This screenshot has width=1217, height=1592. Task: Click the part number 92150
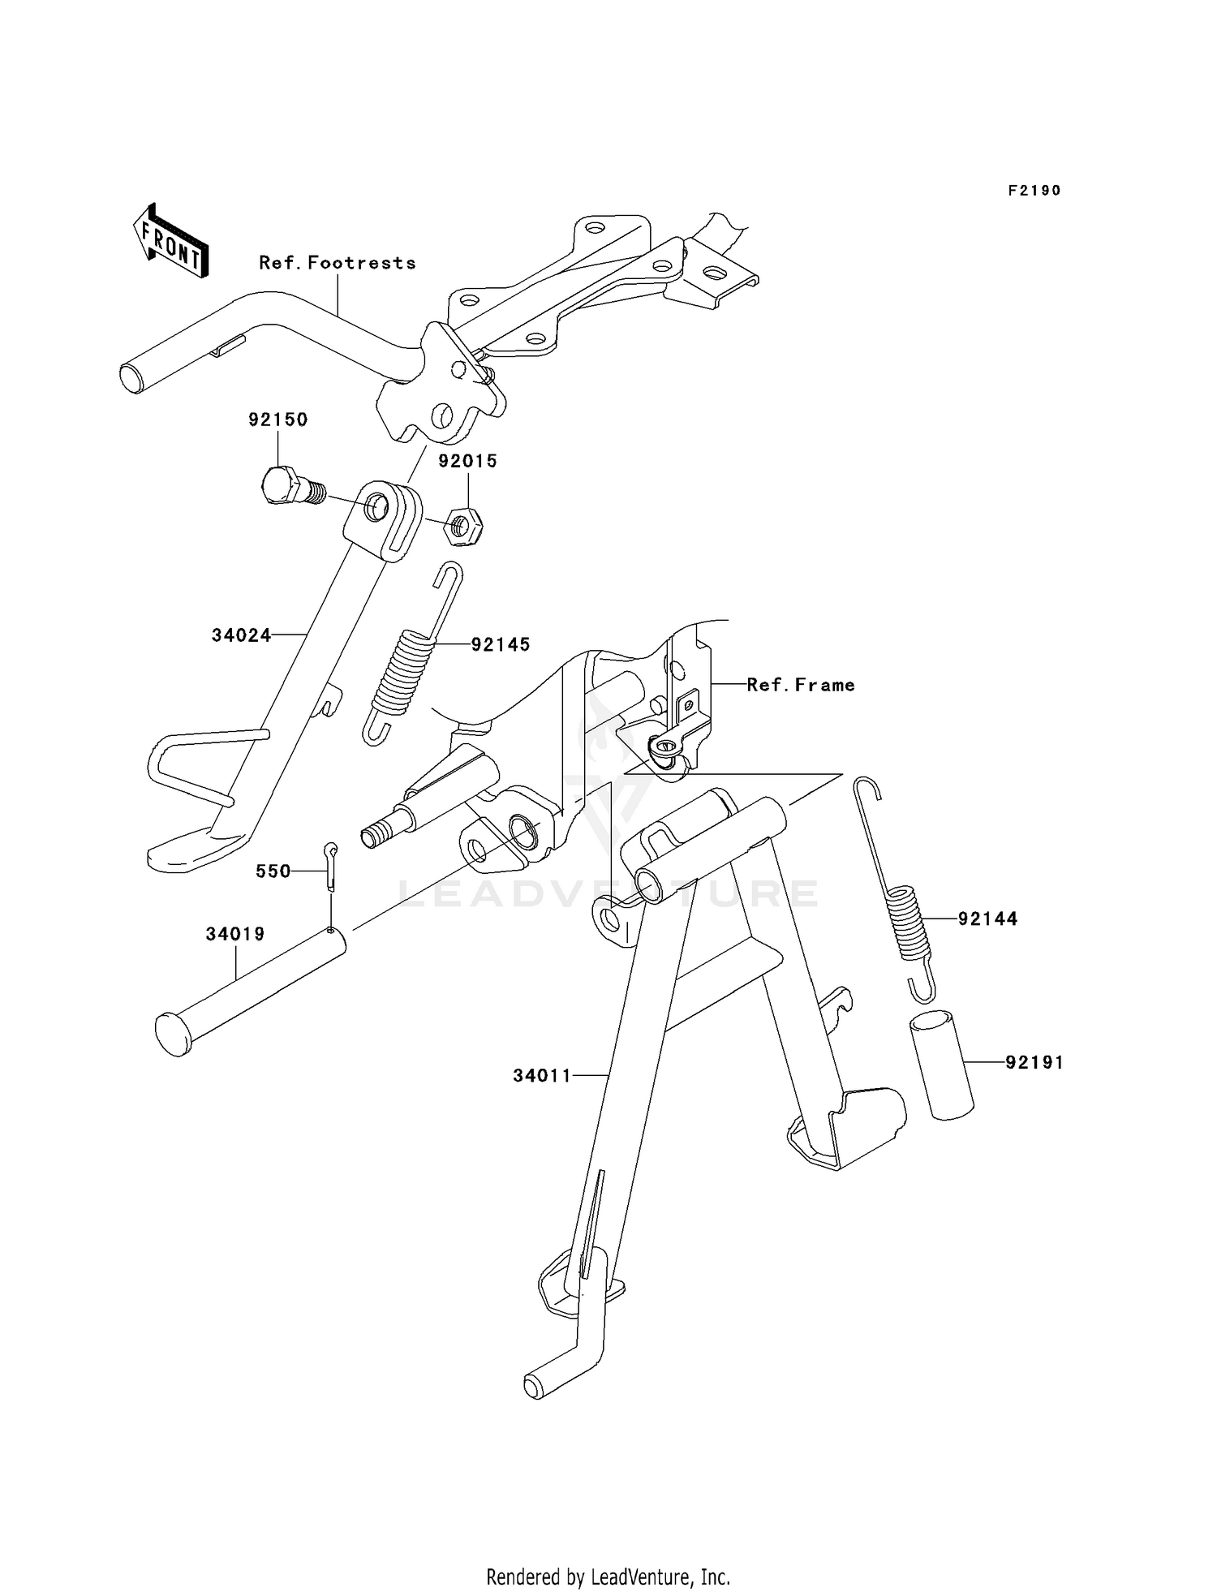pyautogui.click(x=278, y=420)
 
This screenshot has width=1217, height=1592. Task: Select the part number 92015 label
pyautogui.click(x=468, y=461)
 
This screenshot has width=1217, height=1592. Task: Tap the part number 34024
pyautogui.click(x=241, y=635)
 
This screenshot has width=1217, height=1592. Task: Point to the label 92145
pyautogui.click(x=501, y=644)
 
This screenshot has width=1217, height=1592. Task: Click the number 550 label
pyautogui.click(x=273, y=871)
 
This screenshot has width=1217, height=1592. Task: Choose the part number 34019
pyautogui.click(x=235, y=934)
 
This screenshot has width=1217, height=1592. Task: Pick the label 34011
pyautogui.click(x=542, y=1076)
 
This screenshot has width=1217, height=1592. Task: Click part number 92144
pyautogui.click(x=987, y=919)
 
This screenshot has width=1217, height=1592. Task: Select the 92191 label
pyautogui.click(x=1034, y=1062)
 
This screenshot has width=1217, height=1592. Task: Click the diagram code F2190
pyautogui.click(x=1034, y=191)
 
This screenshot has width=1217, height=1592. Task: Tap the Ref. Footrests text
pyautogui.click(x=338, y=263)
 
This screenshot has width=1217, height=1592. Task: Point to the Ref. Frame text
pyautogui.click(x=801, y=685)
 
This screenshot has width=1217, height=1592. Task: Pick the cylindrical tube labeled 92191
pyautogui.click(x=941, y=1065)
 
